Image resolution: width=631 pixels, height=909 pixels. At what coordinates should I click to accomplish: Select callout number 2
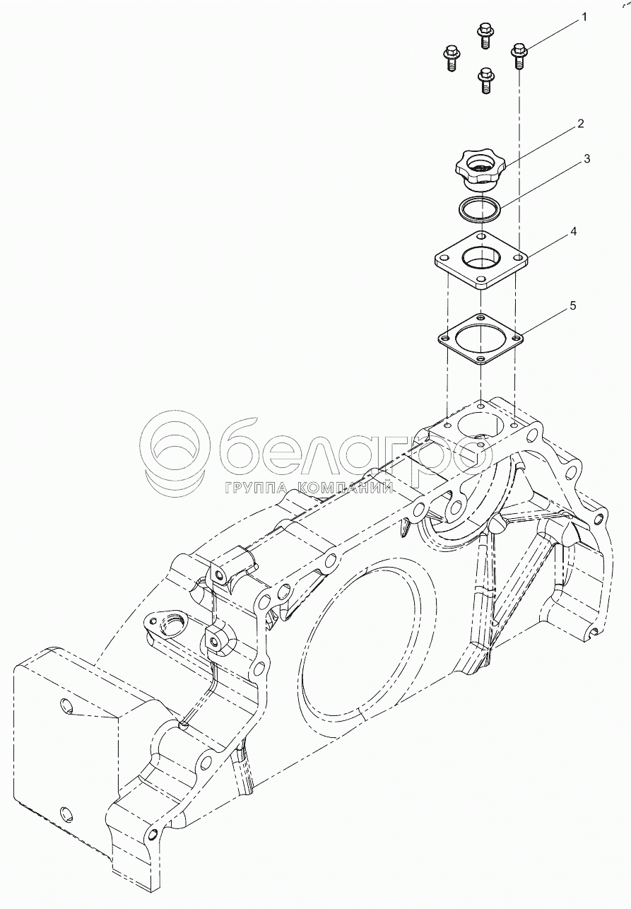click(580, 124)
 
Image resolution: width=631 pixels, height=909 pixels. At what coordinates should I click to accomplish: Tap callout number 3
click(586, 160)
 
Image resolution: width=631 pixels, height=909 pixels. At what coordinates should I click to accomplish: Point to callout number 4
click(574, 231)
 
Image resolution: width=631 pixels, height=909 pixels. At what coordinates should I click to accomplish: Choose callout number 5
click(572, 305)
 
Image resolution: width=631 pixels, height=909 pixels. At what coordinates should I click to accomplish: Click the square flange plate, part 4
click(480, 261)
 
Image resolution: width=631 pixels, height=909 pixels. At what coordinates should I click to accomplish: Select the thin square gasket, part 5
click(480, 339)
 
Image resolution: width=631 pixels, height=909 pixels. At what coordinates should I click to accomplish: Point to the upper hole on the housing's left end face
click(66, 705)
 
